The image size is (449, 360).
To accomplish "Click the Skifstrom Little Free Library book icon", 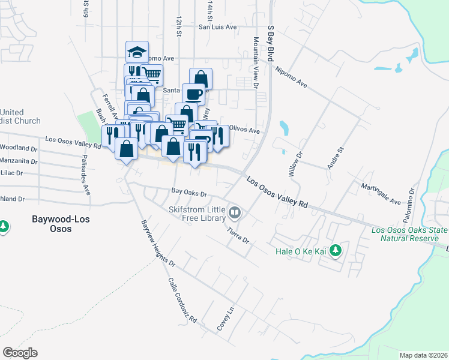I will tap(237, 212).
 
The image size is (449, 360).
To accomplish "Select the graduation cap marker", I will tap(137, 52).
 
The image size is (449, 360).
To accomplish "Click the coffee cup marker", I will tap(194, 95).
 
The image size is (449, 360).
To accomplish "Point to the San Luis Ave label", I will tap(218, 27).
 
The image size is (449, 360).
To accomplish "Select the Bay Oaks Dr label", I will tap(189, 194).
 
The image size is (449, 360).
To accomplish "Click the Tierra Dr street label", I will tap(238, 235).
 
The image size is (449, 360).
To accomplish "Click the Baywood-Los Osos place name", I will tap(61, 224).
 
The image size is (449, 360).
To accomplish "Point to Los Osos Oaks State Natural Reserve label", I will tap(409, 234).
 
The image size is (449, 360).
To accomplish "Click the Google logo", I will tap(20, 353).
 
